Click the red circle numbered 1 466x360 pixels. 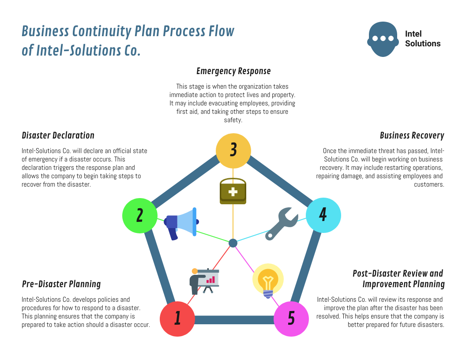177,319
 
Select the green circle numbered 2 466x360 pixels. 140,216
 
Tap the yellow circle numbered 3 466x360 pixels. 233,150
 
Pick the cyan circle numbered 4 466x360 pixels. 323,215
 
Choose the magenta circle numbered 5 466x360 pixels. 291,319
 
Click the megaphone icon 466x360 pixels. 181,223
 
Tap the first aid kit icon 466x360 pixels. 233,191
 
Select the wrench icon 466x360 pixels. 281,225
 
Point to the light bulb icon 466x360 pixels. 268,281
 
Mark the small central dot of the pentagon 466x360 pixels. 233,243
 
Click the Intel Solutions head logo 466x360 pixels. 383,39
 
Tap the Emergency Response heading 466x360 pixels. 233,71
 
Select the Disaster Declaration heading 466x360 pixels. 58,135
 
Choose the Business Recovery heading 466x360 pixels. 412,135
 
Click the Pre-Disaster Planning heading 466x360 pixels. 61,284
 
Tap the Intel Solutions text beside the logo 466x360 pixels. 422,39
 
